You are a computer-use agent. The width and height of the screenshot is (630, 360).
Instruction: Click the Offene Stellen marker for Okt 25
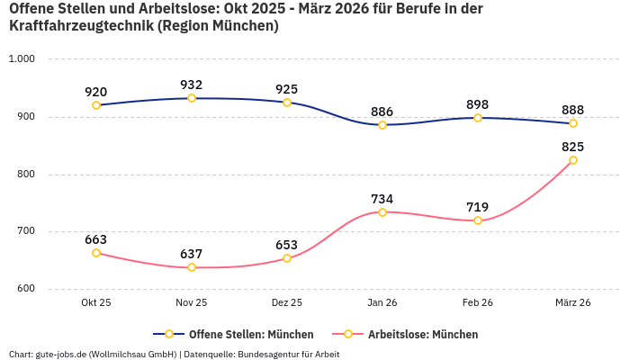(x=96, y=105)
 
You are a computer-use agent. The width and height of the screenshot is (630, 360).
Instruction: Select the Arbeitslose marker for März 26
(x=573, y=160)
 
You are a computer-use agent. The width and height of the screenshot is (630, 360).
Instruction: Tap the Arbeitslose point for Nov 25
(x=192, y=267)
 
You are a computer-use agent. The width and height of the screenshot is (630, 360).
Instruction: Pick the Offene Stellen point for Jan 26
(x=382, y=125)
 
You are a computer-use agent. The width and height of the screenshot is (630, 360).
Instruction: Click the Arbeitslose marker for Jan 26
(x=382, y=212)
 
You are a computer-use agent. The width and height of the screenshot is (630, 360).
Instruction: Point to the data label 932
(x=192, y=85)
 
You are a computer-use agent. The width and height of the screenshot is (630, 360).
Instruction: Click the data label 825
(x=573, y=147)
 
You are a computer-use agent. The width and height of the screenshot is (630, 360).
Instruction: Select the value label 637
(x=192, y=254)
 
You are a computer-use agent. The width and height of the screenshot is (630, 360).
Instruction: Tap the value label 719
(x=478, y=207)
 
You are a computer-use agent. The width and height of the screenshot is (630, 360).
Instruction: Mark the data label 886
(x=382, y=112)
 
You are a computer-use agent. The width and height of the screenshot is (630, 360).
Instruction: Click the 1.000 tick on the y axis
(x=21, y=59)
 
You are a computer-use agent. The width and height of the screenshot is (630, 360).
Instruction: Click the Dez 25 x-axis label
(x=287, y=303)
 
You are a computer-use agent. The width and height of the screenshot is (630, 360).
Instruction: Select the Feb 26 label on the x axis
(x=478, y=303)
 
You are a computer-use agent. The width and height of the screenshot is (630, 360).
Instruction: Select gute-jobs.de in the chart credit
(x=62, y=354)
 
